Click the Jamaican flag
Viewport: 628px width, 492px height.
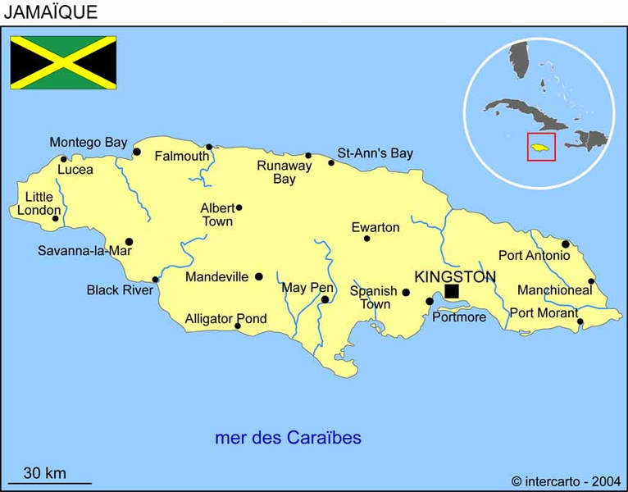coord(63,61)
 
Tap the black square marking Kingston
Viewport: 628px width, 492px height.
coord(452,291)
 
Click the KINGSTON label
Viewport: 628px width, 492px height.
coord(455,276)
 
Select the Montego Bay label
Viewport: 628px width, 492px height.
coord(88,142)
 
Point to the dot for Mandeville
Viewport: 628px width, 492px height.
coord(258,277)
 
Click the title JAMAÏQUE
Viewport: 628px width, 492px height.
coord(50,11)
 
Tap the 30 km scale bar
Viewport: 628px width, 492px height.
coord(49,483)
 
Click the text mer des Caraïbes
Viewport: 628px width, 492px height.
coord(288,437)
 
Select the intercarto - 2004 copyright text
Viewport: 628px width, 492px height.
coord(566,481)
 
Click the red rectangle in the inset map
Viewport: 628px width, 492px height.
coord(541,147)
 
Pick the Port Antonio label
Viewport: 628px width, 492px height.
coord(534,255)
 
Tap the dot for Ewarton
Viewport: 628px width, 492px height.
coord(366,239)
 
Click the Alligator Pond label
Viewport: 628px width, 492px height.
coord(225,319)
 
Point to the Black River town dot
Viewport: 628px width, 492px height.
coord(155,280)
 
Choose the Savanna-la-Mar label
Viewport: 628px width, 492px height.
coord(84,251)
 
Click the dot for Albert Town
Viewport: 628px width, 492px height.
coord(239,207)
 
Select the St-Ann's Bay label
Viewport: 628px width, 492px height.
coord(375,153)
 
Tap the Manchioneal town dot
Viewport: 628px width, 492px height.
coord(591,281)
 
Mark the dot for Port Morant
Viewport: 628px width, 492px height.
coord(580,321)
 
